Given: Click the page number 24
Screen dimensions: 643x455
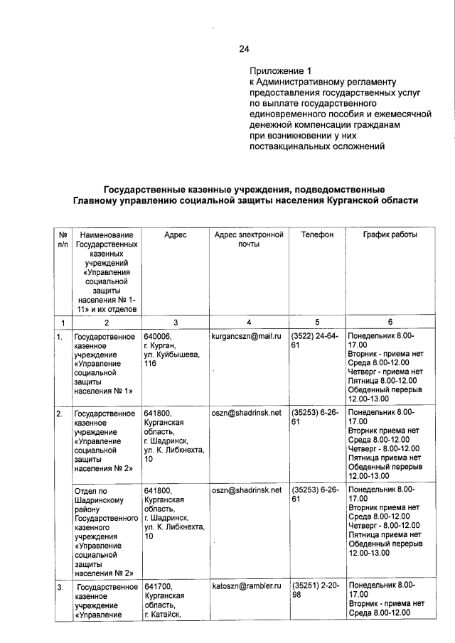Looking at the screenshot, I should point(244,49).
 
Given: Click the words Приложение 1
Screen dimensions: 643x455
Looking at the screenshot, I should point(280,71).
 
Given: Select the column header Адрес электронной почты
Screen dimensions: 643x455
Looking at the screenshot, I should point(247,239).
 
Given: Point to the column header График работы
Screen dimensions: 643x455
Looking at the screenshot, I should point(390,234).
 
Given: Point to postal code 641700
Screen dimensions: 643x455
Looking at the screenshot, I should point(157,586).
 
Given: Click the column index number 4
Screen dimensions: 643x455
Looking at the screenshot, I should point(248,323).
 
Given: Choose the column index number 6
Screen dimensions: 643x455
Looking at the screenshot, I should point(390,323).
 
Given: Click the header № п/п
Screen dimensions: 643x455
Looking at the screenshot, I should point(63,239).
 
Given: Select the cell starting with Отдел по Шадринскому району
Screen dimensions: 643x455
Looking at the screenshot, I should point(105,531).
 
